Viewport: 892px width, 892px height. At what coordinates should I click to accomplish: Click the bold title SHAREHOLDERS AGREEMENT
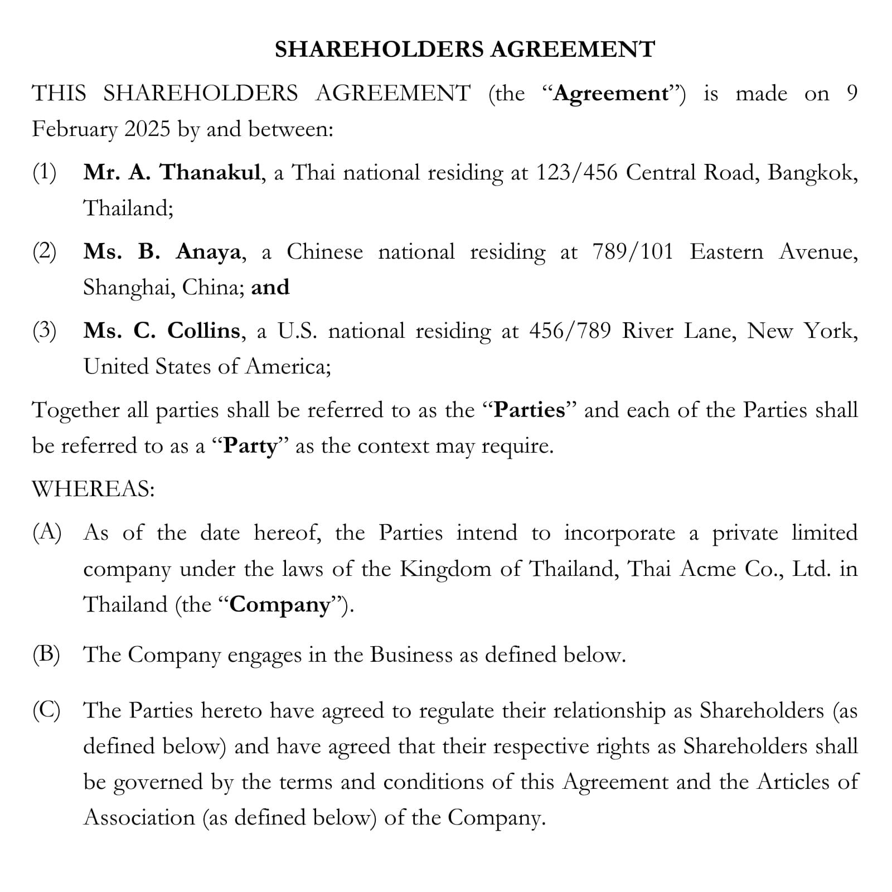(464, 50)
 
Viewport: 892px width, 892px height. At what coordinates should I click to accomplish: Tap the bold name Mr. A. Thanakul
(172, 173)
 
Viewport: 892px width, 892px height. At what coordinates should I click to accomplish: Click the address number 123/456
(576, 173)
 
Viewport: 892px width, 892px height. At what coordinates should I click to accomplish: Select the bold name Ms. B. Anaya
(162, 252)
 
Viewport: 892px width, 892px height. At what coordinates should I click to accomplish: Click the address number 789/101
(633, 252)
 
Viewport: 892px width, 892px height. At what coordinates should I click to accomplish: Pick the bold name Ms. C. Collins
(162, 331)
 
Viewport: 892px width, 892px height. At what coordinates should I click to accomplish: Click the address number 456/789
(570, 331)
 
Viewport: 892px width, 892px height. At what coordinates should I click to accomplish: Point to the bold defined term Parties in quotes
(529, 410)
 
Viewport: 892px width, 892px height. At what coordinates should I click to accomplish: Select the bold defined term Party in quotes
(250, 447)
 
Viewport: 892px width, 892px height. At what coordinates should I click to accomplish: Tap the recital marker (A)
(47, 533)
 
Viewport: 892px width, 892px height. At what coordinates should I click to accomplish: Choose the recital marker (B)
(46, 655)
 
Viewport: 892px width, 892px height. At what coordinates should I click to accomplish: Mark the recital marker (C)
(46, 711)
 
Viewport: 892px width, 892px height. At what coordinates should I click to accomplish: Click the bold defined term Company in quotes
(280, 605)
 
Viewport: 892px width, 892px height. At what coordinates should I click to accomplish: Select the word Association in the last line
(139, 818)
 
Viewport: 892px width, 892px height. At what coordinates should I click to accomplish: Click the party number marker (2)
(45, 252)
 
